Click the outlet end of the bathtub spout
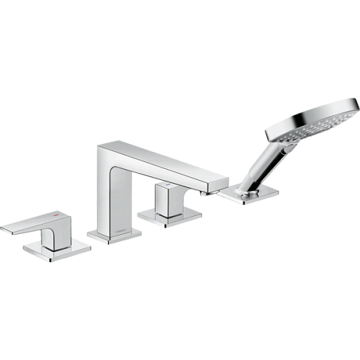click(x=216, y=183)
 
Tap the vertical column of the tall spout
click(x=108, y=187)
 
